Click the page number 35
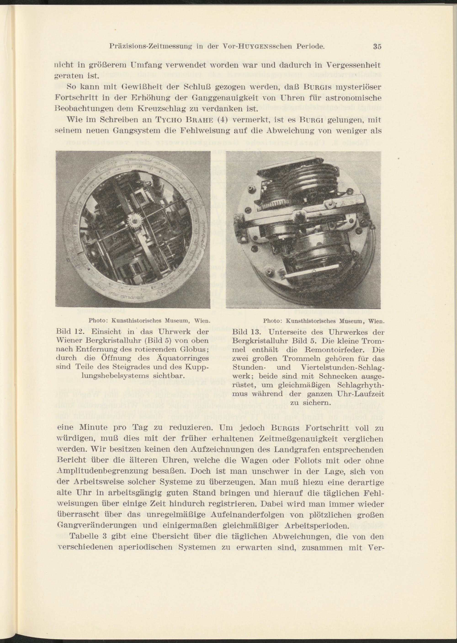point(377,46)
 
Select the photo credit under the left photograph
point(149,320)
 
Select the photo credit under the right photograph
point(324,321)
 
